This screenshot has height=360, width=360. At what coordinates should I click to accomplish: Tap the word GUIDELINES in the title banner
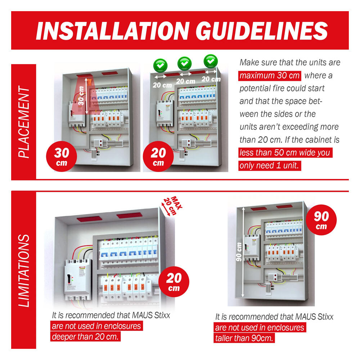[262, 31]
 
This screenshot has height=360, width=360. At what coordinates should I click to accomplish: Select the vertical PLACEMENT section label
[24, 122]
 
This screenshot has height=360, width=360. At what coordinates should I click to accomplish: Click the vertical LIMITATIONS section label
[24, 271]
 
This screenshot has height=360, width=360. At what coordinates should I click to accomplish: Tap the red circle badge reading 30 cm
[62, 156]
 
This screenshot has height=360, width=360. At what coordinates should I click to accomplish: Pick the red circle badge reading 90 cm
[321, 220]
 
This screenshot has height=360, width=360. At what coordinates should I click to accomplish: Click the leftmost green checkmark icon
[160, 66]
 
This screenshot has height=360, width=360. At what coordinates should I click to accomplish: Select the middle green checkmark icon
[185, 63]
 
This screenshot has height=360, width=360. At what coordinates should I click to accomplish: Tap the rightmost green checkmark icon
[211, 61]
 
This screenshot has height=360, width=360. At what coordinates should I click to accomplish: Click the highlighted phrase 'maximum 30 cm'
[270, 76]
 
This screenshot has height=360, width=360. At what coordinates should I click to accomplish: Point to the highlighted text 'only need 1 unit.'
[270, 166]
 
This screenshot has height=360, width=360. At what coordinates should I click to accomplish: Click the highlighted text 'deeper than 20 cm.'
[85, 337]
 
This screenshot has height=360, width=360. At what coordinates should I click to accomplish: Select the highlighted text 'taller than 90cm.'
[244, 338]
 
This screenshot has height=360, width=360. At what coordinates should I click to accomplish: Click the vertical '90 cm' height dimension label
[239, 252]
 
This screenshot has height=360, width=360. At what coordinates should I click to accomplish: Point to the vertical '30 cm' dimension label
[81, 95]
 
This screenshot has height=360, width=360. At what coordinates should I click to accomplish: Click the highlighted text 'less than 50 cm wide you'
[285, 153]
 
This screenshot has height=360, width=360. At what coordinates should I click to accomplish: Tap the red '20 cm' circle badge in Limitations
[174, 282]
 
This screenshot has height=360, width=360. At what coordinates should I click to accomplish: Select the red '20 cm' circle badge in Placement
[158, 156]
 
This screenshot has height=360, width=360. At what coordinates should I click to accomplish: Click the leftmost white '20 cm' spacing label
[162, 85]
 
